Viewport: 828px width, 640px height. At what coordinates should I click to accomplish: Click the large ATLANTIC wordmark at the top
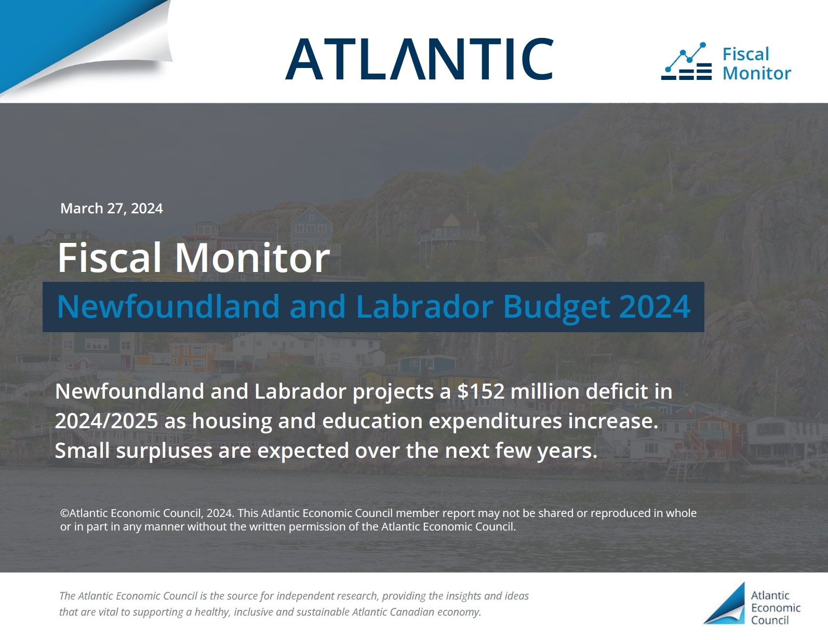[x=419, y=59]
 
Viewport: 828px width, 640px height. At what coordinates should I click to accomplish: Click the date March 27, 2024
[x=112, y=209]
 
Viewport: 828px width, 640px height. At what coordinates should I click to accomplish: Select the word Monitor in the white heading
[x=252, y=258]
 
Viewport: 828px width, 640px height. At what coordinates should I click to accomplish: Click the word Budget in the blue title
[x=556, y=307]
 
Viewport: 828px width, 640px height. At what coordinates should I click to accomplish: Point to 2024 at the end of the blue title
[x=655, y=306]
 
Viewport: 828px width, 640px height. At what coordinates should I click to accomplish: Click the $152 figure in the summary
[x=481, y=391]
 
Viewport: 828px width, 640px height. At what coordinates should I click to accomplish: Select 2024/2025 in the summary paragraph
[x=106, y=421]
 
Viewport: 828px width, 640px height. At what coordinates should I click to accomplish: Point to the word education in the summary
[x=372, y=421]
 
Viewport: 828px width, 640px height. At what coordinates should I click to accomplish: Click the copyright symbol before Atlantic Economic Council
[x=64, y=513]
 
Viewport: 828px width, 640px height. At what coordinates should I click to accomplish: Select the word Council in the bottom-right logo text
[x=770, y=620]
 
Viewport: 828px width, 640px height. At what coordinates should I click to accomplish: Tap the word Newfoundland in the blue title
[x=168, y=306]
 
